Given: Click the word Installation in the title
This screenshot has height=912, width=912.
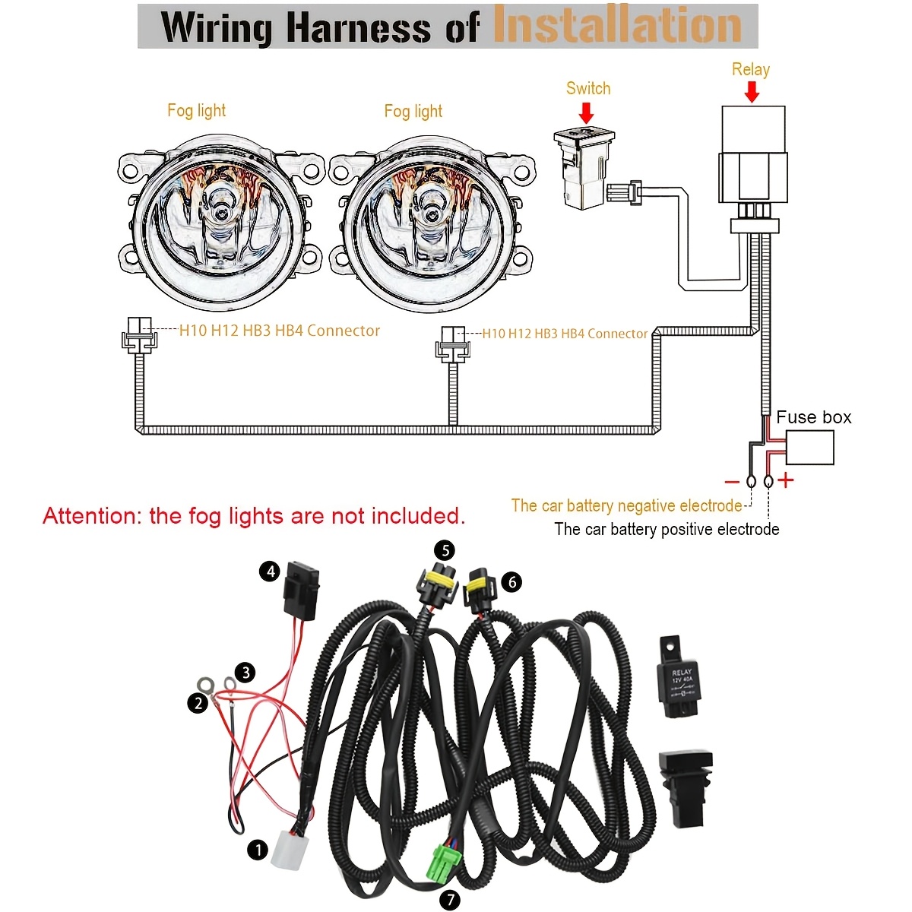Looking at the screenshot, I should [x=617, y=25].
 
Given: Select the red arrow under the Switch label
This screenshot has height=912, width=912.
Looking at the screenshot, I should [x=586, y=112].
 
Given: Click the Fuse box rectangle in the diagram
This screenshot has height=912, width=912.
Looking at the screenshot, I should [x=809, y=448].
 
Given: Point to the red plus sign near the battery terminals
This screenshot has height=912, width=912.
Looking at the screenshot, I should [x=786, y=480].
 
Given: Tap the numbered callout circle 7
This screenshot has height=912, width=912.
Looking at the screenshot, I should [x=450, y=900].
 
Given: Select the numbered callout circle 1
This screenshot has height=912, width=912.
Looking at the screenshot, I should [x=258, y=849].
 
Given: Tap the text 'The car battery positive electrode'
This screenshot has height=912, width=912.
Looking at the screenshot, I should [x=667, y=530].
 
